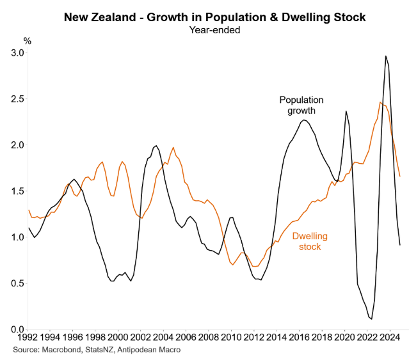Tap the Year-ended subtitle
(204, 29)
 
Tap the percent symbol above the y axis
(27, 41)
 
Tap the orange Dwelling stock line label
(310, 241)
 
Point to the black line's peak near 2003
(156, 146)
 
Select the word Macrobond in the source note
(66, 350)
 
